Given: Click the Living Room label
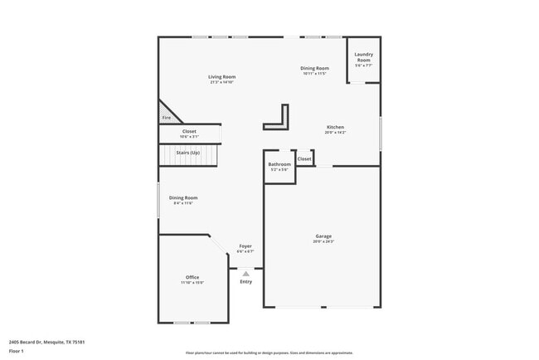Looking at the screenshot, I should point(221,76).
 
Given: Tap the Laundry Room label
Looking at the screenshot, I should point(363,57).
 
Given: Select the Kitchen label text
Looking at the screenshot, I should point(335,127).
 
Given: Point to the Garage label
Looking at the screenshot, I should point(323,236).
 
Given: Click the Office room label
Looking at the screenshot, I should point(192,277).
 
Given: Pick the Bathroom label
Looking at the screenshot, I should point(279,164).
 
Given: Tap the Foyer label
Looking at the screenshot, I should point(245,246).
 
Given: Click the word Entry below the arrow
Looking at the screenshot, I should point(246,282).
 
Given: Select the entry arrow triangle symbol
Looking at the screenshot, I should point(246,273).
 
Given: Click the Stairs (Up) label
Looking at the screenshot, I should point(187,153).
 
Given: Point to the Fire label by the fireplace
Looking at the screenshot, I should point(166,118).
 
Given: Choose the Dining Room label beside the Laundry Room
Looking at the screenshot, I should point(315,68).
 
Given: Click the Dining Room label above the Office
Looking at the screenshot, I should point(183,197).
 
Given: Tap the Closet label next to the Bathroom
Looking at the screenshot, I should point(304,158).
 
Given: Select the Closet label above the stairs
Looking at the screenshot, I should point(189,131).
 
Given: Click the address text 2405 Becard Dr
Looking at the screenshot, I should point(47,341).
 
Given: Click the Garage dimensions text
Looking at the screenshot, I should point(323,242).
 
